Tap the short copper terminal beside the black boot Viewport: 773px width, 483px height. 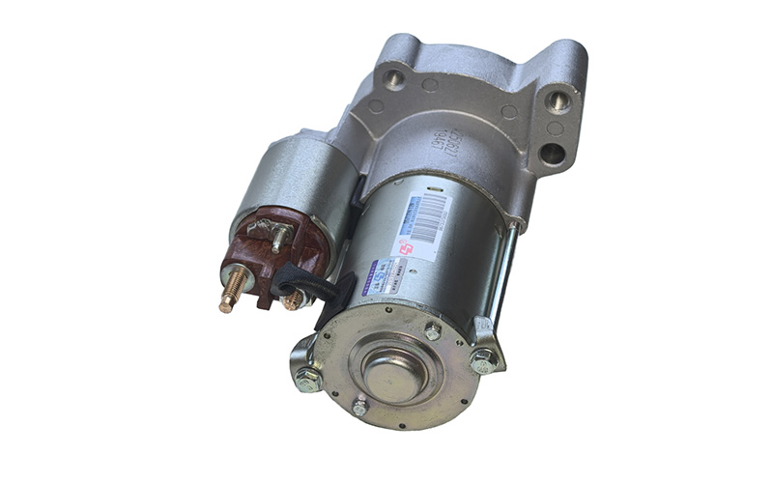[292, 300]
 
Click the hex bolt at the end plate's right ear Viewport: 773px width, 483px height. [482, 361]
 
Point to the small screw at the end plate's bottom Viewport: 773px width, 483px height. [360, 409]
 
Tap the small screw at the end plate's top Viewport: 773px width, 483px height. [432, 331]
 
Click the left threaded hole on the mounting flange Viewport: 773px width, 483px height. [394, 78]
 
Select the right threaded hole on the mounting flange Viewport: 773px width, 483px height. [558, 99]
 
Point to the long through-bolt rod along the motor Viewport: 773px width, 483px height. [504, 270]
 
